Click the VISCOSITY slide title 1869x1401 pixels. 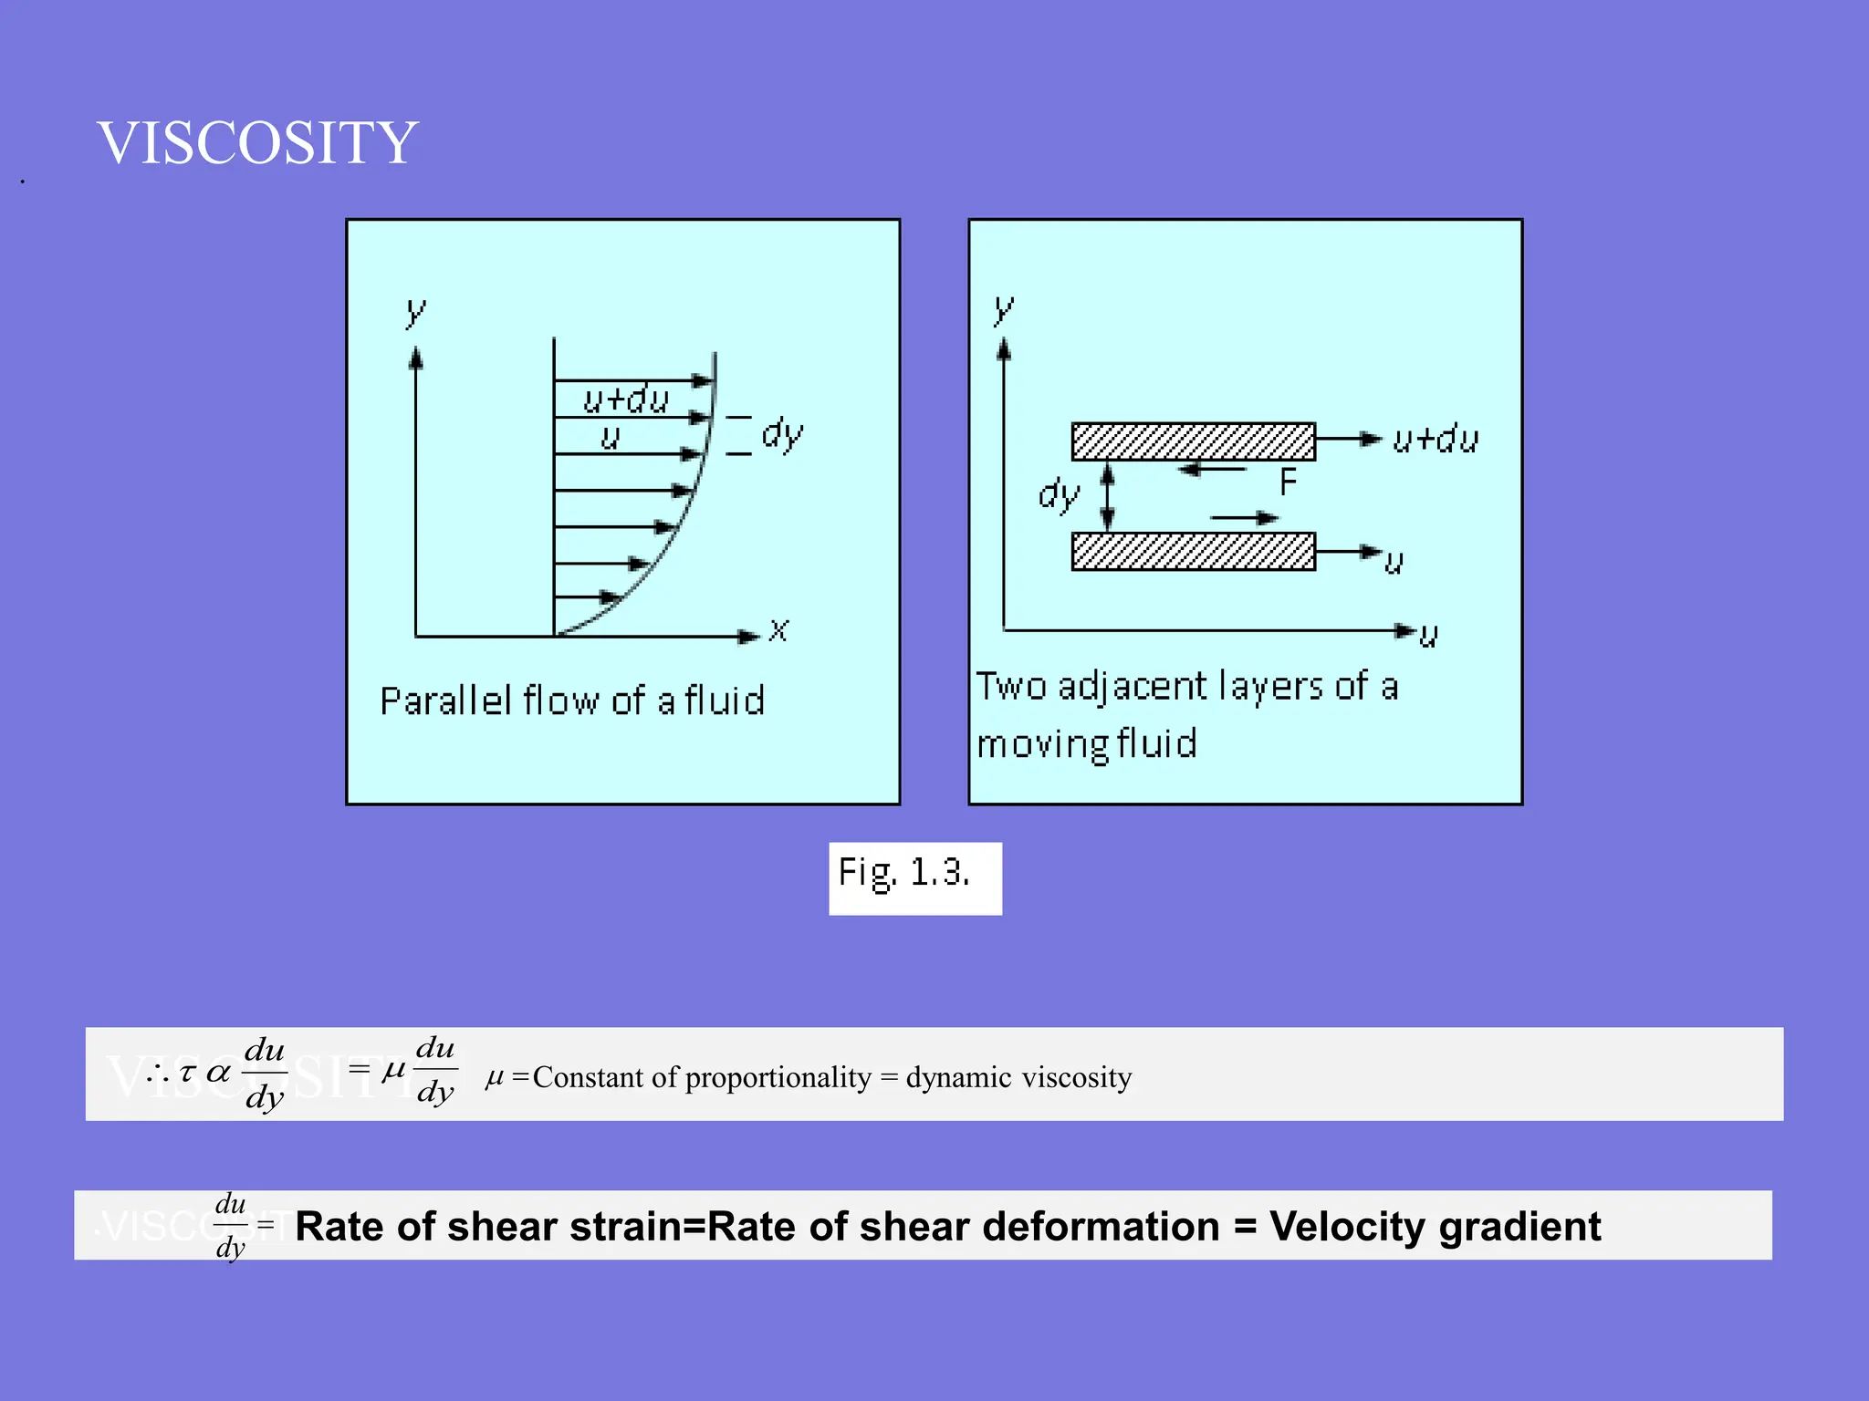(257, 143)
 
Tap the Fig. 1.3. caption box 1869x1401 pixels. (914, 877)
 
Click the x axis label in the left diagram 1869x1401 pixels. (778, 630)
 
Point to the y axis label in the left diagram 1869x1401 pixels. (415, 312)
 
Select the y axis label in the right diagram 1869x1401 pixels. (1003, 309)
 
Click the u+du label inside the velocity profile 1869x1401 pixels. (626, 400)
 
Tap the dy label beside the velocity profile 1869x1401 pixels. (782, 434)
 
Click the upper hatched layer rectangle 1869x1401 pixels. (1193, 441)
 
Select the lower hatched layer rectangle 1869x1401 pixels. (1193, 552)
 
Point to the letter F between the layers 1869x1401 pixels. (1288, 483)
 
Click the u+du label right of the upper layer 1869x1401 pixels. (1436, 441)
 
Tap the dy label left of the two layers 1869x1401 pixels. (1059, 495)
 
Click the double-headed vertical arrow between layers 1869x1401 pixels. (1108, 496)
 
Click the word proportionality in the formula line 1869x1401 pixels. (778, 1077)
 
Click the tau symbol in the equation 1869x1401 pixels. (188, 1073)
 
